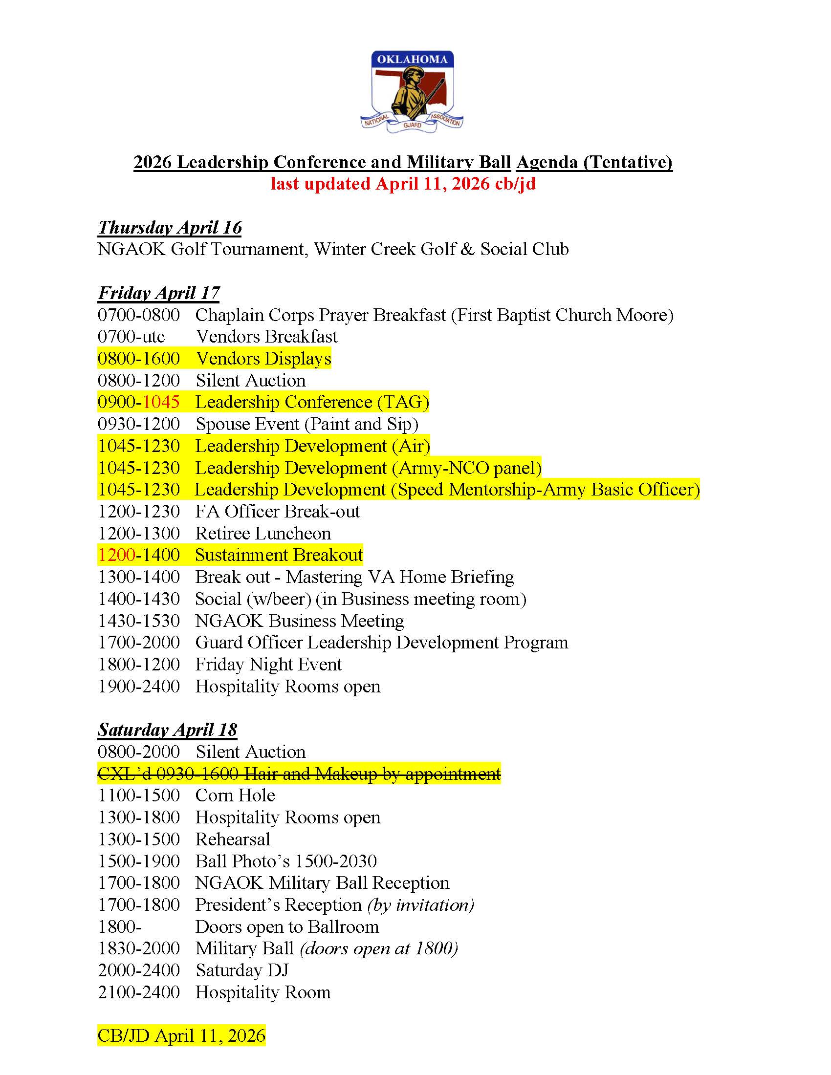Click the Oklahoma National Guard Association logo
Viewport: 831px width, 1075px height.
point(412,92)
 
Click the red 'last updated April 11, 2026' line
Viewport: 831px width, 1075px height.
point(403,184)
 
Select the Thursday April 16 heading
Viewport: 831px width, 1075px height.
point(170,227)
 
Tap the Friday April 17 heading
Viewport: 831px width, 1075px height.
point(158,293)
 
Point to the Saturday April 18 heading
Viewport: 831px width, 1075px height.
point(167,730)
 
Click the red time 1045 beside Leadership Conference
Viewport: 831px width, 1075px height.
point(161,402)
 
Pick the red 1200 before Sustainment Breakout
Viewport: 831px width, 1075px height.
point(117,555)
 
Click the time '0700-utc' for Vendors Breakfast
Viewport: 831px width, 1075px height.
point(131,337)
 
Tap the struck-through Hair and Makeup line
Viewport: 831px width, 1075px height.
point(299,774)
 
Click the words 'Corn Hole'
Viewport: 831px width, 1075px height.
point(235,795)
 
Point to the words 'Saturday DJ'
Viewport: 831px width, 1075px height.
point(241,970)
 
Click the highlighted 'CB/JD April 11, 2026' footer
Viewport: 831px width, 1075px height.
point(181,1035)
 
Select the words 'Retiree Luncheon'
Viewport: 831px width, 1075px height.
point(263,534)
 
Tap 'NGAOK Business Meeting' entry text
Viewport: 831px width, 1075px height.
point(299,621)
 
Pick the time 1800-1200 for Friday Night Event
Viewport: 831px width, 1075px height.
point(139,665)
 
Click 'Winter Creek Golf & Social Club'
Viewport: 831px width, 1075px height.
point(441,249)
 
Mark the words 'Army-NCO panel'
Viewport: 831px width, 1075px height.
point(467,468)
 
